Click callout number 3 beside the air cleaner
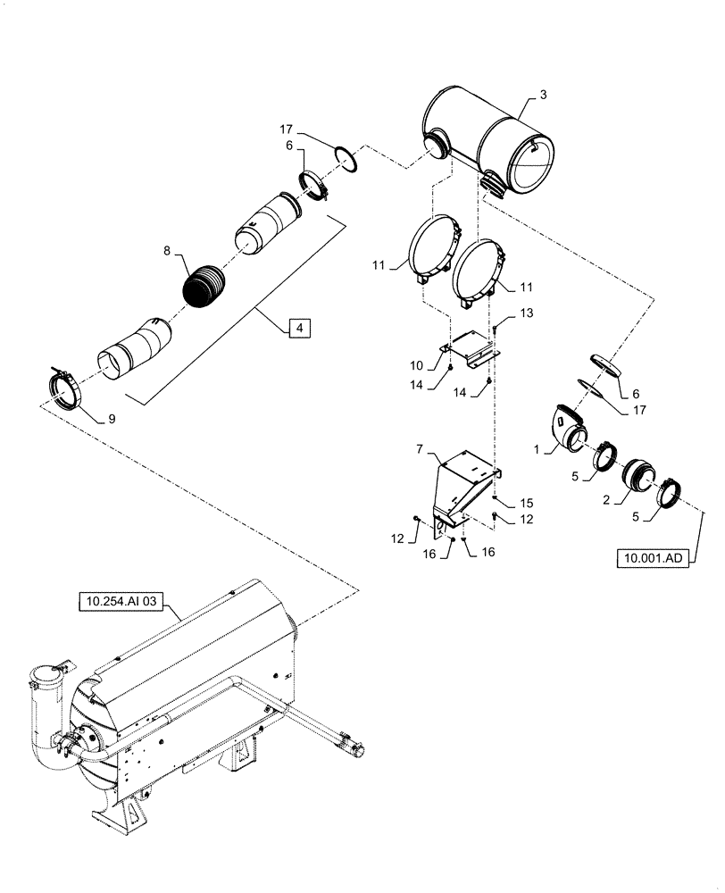click(x=542, y=95)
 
